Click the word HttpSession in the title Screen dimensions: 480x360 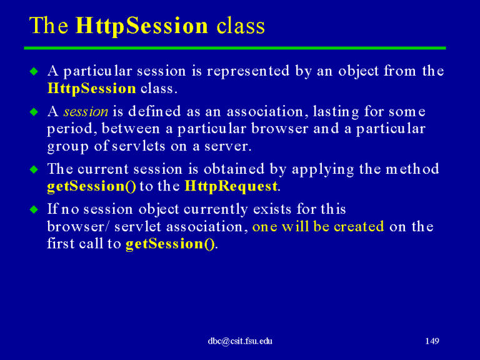coord(142,26)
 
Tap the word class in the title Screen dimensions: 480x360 coord(241,26)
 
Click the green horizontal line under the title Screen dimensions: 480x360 coord(235,48)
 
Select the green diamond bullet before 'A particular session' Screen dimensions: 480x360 coord(34,72)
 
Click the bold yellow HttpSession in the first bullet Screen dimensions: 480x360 coord(92,89)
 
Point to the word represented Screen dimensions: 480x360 coord(248,71)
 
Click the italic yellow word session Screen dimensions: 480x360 coord(86,111)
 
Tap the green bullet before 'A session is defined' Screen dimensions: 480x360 coord(34,112)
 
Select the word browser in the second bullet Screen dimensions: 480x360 coord(279,129)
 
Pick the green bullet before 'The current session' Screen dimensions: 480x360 coord(34,169)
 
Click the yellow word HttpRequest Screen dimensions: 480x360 coord(231,186)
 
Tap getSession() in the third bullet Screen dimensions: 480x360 coord(91,186)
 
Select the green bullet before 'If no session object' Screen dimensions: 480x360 coord(34,210)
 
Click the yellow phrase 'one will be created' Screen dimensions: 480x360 coord(318,226)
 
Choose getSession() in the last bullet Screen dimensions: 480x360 coord(170,244)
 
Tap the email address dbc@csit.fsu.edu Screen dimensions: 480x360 coord(240,341)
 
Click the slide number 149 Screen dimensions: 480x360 coord(432,341)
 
